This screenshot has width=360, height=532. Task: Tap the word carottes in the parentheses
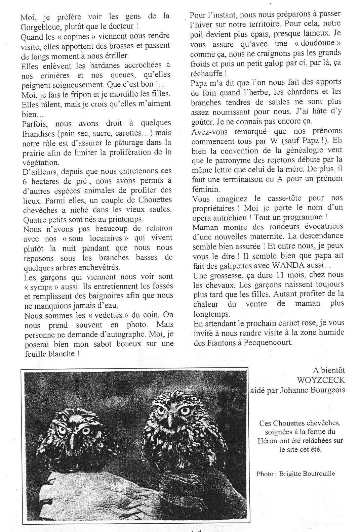pos(126,133)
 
